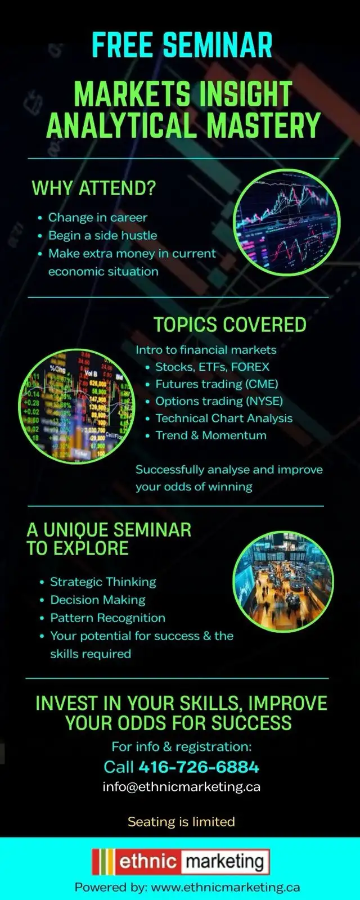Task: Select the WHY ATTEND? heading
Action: (93, 188)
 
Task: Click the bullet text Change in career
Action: (97, 218)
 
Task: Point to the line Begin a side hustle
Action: (102, 236)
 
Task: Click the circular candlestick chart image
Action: (286, 222)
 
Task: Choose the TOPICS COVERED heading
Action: (230, 325)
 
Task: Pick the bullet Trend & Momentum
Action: (211, 435)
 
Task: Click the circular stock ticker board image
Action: (77, 406)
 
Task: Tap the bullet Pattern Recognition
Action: (107, 618)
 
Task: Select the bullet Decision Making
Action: (98, 600)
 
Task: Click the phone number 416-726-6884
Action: (199, 767)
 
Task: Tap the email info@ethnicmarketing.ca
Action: (181, 786)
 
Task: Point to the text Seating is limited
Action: (181, 822)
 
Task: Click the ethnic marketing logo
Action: (181, 862)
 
